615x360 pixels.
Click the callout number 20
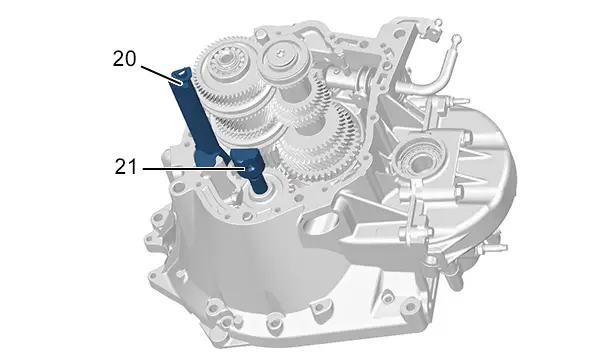(124, 59)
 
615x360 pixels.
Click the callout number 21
(126, 167)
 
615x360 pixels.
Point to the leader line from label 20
(161, 75)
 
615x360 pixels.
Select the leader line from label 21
(195, 169)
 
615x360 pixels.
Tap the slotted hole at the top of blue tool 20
(182, 72)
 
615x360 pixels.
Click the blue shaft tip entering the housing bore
(260, 185)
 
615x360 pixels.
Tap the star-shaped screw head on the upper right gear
(280, 51)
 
